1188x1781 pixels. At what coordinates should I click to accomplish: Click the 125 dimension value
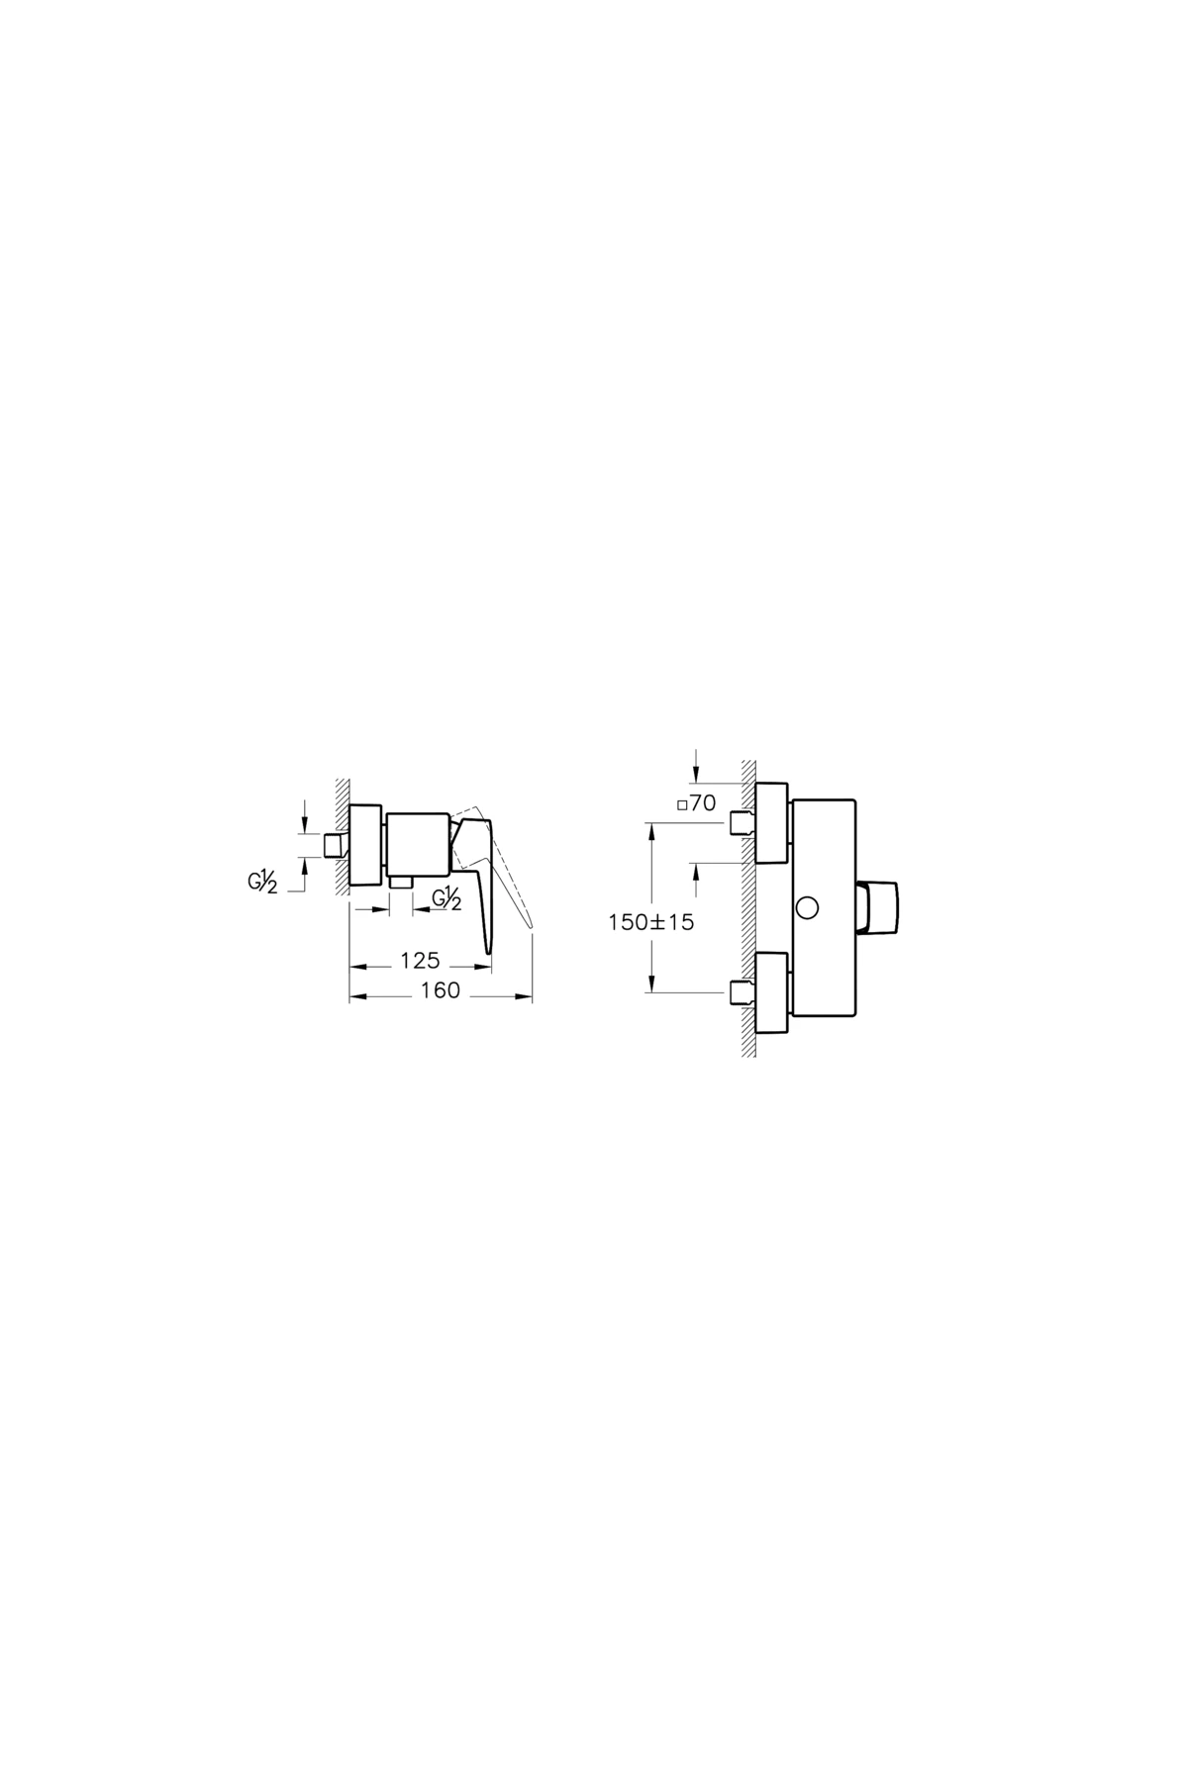(x=420, y=961)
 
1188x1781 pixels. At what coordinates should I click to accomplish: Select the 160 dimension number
(x=440, y=990)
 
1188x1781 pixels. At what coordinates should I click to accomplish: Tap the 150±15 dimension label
(x=651, y=922)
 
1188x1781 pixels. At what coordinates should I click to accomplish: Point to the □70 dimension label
(x=696, y=804)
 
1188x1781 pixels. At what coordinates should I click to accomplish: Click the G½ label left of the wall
(x=262, y=882)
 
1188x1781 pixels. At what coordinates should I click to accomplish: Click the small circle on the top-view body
(x=808, y=906)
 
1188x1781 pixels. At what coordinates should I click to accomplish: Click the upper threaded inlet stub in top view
(x=740, y=822)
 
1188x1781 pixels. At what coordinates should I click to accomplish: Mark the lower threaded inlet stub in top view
(x=740, y=992)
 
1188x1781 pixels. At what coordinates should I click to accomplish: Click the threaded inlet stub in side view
(x=335, y=844)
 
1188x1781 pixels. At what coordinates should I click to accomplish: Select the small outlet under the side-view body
(x=400, y=880)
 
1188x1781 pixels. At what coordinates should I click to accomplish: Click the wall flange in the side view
(x=365, y=844)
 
